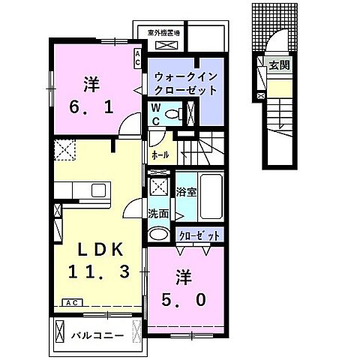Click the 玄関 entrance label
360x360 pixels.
click(280, 65)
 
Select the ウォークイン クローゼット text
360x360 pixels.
click(185, 82)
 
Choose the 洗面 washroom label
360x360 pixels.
click(157, 212)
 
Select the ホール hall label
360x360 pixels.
click(159, 155)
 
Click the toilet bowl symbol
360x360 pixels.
click(173, 114)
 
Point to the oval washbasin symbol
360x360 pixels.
click(159, 234)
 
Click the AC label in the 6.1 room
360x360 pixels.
click(137, 57)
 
